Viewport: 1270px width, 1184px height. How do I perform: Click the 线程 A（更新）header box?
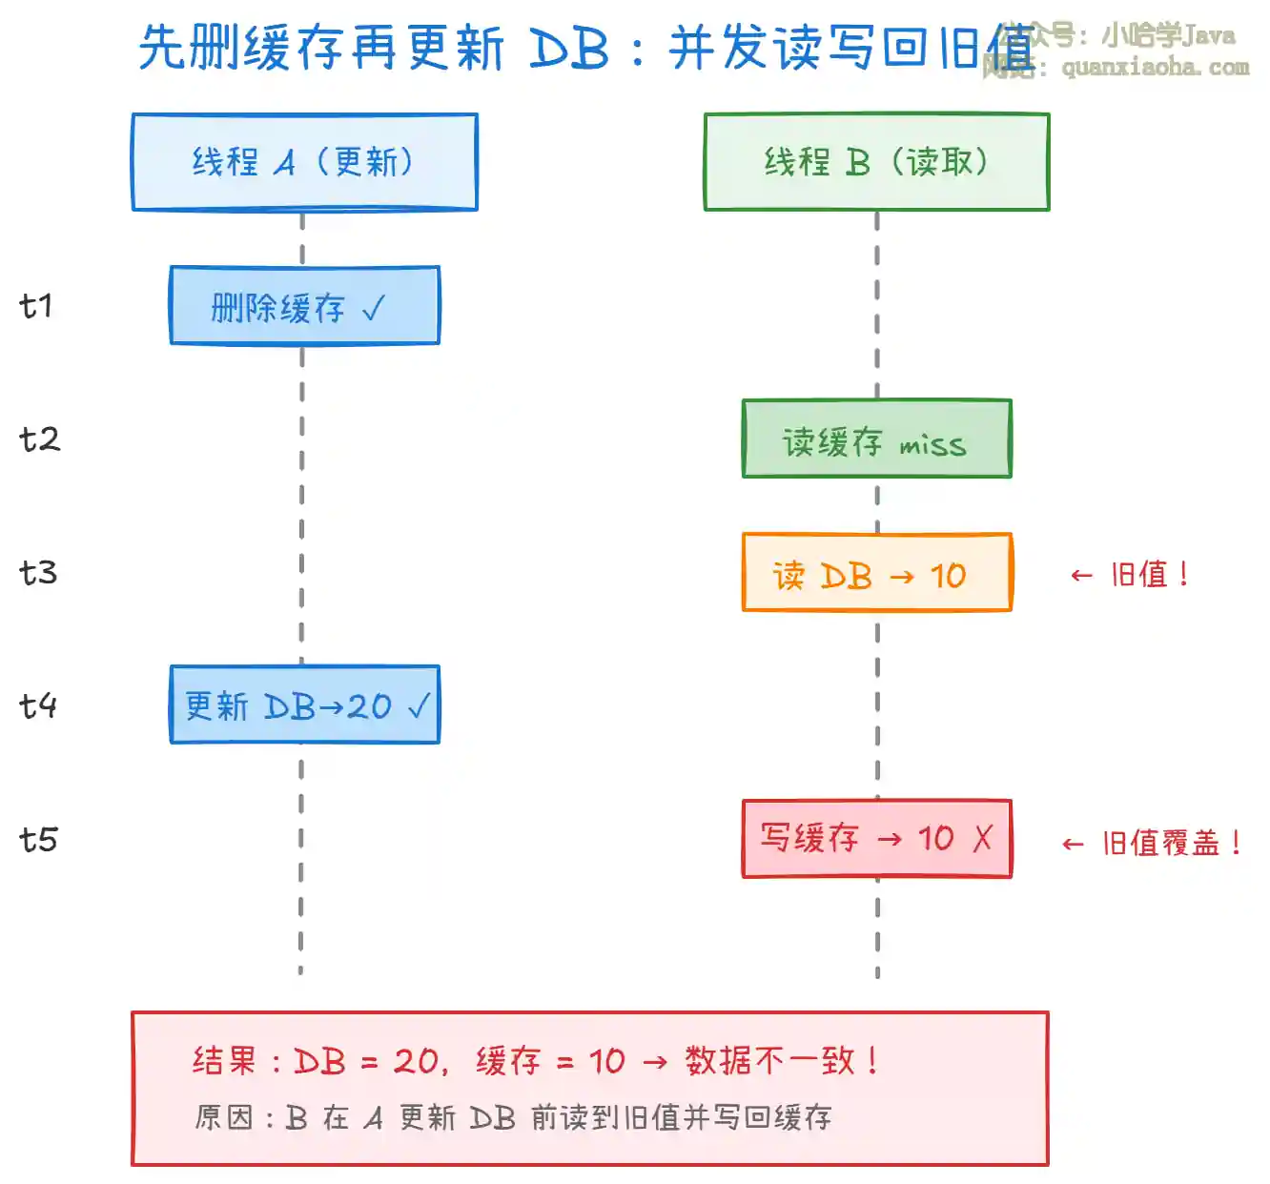304,162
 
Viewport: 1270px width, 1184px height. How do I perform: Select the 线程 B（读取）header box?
876,162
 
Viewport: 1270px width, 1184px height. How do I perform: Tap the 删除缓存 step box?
304,306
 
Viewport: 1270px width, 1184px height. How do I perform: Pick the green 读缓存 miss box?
876,439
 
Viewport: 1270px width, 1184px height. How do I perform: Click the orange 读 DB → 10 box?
876,573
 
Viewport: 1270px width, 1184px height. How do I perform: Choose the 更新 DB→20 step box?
304,705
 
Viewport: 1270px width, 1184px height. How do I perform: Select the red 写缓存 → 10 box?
876,839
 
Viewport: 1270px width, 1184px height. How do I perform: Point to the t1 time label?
36,306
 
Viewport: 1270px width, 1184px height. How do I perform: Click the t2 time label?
39,439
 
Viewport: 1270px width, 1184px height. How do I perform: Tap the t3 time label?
38,573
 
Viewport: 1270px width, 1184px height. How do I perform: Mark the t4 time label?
38,706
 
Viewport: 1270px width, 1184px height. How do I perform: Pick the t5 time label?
38,840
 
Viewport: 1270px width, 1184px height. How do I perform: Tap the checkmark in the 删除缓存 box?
374,307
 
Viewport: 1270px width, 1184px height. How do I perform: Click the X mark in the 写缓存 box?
982,838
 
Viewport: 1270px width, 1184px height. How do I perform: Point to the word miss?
932,444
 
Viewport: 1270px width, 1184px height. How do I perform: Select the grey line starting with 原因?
513,1117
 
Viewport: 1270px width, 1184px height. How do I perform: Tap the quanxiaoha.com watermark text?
1155,67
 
